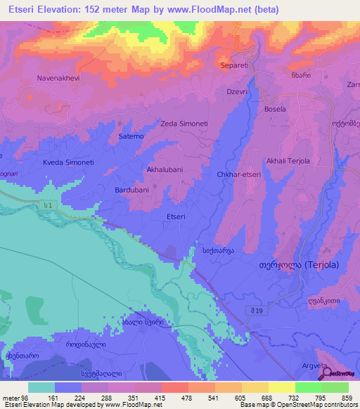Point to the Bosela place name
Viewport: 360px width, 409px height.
pyautogui.click(x=274, y=110)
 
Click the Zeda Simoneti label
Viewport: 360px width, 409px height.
pyautogui.click(x=184, y=124)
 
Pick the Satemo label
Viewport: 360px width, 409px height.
pyautogui.click(x=131, y=136)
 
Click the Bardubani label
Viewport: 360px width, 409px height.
pyautogui.click(x=132, y=190)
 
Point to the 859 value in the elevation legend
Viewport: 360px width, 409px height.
pyautogui.click(x=347, y=397)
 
